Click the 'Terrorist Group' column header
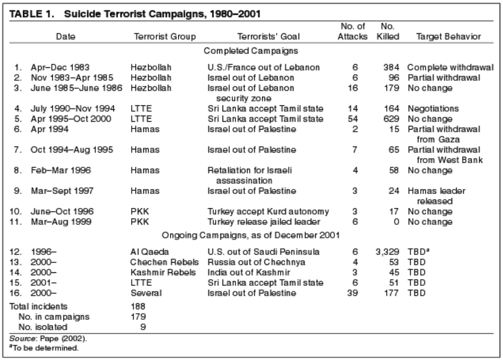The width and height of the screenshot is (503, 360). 165,36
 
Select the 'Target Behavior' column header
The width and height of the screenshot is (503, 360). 449,36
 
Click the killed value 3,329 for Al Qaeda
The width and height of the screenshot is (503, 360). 387,252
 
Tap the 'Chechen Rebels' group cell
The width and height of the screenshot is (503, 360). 164,262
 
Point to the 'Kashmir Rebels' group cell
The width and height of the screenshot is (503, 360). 163,272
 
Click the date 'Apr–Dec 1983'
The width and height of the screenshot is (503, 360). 60,67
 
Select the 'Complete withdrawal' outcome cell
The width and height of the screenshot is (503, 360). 450,67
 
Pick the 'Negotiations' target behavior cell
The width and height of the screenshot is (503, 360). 433,109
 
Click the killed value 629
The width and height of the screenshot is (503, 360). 391,119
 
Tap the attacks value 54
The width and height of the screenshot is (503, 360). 353,119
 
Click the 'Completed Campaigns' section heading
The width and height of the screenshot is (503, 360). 251,51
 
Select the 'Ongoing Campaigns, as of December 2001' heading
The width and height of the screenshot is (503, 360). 250,235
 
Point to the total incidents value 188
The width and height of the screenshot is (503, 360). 138,306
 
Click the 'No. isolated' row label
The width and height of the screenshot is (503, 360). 43,327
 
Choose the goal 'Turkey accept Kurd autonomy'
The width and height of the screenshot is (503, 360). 268,212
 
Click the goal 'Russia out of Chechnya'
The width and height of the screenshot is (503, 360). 256,262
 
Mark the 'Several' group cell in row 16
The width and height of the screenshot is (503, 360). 146,293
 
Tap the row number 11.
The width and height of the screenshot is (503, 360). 15,222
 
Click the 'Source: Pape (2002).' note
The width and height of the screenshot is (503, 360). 48,338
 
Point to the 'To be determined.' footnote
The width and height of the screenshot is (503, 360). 44,348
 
